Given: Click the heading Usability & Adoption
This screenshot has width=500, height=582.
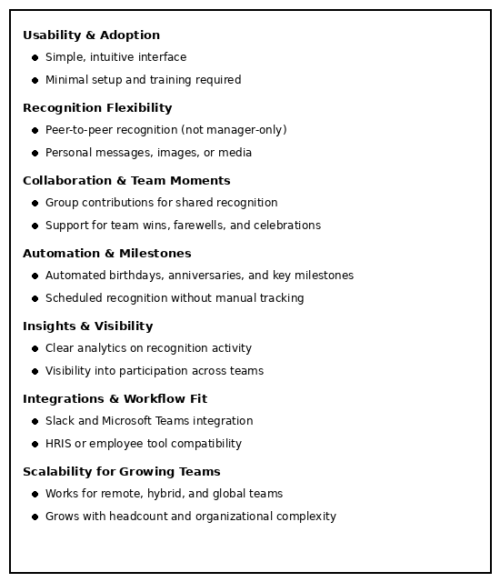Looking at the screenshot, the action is tap(91, 35).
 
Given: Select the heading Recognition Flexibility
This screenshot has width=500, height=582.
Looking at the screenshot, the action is tap(97, 108).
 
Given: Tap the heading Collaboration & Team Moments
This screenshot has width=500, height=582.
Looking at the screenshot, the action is tap(126, 181).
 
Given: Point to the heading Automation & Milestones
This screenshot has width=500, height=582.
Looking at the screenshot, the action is tap(106, 254).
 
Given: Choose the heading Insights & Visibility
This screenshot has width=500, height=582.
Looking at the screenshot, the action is tap(87, 326).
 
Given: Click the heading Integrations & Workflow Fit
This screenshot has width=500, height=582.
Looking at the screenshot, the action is tap(115, 399).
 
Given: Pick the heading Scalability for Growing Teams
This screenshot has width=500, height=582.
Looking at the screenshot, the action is tap(121, 472).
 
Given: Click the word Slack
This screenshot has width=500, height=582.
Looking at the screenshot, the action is tap(59, 421).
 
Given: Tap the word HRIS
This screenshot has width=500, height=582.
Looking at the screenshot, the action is tap(59, 444).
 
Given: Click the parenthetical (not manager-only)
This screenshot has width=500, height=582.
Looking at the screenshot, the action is tap(234, 130).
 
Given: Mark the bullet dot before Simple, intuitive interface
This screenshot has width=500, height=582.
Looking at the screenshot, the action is tap(35, 57).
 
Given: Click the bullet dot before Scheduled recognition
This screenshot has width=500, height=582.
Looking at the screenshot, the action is tap(35, 298).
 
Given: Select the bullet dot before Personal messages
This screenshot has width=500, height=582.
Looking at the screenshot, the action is tap(35, 153).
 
